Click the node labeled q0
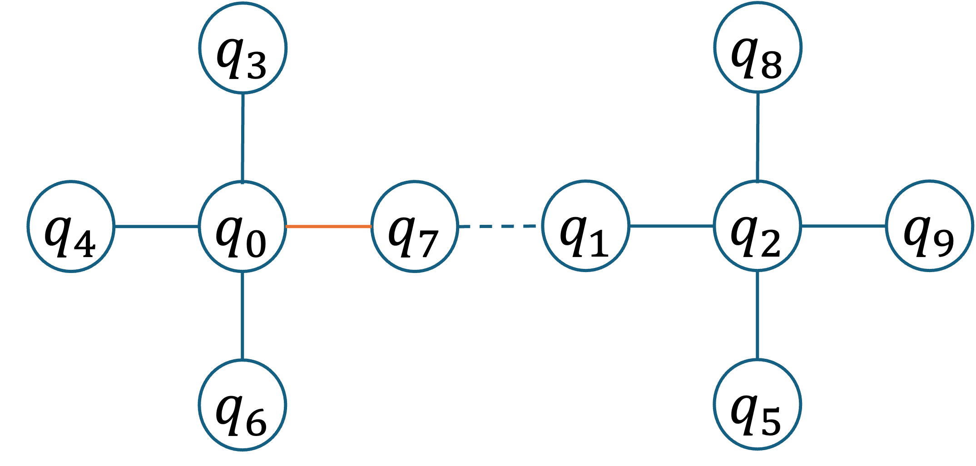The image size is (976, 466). point(243,226)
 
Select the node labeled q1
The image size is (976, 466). point(586,226)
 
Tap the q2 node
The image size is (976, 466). point(757,226)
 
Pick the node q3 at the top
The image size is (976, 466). point(243,47)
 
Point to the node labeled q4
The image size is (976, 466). point(71,226)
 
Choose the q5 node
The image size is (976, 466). point(757,404)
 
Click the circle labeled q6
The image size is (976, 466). point(243,405)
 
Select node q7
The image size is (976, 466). point(414,226)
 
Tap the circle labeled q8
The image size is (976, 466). point(758,47)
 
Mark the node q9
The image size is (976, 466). point(929,226)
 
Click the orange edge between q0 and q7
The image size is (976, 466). point(328,226)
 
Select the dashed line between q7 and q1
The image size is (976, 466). point(500,226)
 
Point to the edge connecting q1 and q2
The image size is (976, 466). point(671,226)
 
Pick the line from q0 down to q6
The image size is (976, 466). point(243,315)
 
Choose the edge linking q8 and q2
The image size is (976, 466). point(758,136)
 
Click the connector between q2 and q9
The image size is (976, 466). point(843,226)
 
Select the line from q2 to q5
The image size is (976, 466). point(757,314)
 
